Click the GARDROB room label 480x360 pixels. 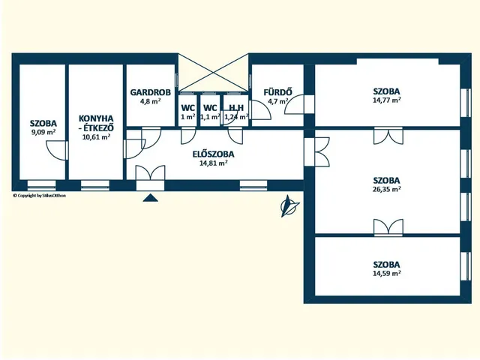coord(150,92)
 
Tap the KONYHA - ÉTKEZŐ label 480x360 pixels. coord(97,122)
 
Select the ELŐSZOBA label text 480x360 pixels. coord(213,154)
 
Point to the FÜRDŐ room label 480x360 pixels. coord(277,91)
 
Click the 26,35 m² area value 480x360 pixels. coord(387,189)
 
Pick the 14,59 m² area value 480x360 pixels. coord(387,273)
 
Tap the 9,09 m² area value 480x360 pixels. coord(43,132)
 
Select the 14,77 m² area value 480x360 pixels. coord(387,100)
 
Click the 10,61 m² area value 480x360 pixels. coord(97,136)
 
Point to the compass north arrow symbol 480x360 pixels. coord(289,206)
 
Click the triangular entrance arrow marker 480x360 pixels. coord(150,198)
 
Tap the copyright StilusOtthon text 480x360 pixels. coord(39,196)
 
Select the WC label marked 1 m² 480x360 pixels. coord(188,108)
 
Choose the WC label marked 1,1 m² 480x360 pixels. coord(210,108)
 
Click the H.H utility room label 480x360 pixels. coord(236,108)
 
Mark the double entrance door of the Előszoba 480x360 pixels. coord(150,178)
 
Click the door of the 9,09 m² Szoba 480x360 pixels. coord(57,150)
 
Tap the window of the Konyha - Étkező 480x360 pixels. coord(95,185)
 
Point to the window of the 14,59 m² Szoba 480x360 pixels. coord(466,265)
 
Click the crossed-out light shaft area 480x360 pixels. coord(213,73)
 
